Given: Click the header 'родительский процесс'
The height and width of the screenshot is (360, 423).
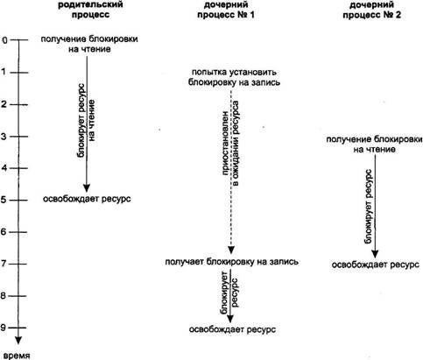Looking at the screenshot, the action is coord(90,10).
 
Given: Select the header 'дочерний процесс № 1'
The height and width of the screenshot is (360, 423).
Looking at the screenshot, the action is coord(226,10).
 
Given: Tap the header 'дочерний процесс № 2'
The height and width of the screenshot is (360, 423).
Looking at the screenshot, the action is coord(371,10).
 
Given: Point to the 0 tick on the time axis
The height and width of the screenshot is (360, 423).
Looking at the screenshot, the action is coord(4,40).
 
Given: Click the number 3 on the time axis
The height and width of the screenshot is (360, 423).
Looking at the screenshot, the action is coord(4,137).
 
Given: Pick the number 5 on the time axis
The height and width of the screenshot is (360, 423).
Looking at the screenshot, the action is coord(4,201).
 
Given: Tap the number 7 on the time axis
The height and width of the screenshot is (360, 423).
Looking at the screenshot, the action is coord(4,264).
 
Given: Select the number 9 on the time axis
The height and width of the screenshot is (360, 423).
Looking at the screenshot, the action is coord(4,328).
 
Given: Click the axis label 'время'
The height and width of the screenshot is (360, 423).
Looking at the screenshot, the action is coord(17,356).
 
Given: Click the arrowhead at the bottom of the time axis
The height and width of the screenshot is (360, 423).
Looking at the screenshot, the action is coord(18,341).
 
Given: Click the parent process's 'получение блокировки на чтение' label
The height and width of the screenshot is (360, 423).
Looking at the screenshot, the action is coord(89,44).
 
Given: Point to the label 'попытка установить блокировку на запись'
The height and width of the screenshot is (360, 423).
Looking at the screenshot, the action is coord(234,77).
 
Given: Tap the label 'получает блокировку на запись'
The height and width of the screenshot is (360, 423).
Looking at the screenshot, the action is coord(232,262).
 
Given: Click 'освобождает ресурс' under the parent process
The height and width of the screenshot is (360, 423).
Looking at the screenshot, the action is coord(87,199).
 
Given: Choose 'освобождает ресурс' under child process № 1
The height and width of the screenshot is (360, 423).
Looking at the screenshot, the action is coord(232,329).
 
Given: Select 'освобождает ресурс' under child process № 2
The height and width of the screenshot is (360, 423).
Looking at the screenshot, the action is coord(376,265).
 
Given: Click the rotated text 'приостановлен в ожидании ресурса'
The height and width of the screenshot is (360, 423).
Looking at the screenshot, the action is coord(231,143).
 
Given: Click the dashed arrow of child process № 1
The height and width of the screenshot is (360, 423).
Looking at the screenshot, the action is coord(231,172).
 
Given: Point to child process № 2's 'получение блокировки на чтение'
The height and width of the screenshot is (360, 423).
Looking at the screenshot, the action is coord(374,145).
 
